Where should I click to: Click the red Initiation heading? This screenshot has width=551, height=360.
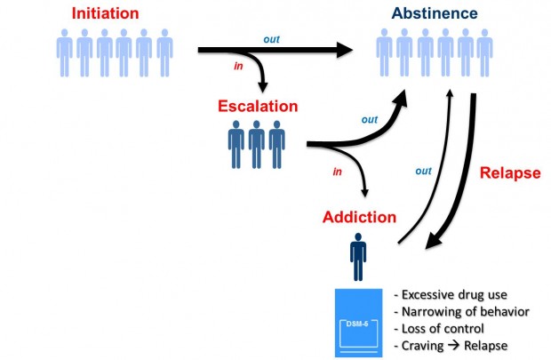[x=105, y=13]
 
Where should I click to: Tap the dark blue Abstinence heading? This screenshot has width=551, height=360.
[x=435, y=13]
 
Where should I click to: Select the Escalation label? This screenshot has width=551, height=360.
[x=258, y=106]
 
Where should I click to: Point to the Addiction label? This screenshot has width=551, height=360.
[x=359, y=217]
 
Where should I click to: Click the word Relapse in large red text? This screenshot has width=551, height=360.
[x=510, y=173]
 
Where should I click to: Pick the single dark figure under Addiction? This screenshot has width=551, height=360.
[x=358, y=257]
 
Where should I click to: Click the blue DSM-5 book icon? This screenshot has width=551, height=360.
[x=358, y=323]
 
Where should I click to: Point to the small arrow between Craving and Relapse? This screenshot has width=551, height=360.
[x=453, y=345]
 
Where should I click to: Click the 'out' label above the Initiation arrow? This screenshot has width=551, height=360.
[x=271, y=39]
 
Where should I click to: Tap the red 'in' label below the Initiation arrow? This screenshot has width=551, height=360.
[x=238, y=66]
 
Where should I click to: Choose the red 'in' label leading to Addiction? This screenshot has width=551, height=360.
[x=337, y=172]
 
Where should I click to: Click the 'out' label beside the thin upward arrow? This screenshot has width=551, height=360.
[x=423, y=171]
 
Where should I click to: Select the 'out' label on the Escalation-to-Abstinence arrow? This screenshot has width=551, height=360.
[x=370, y=119]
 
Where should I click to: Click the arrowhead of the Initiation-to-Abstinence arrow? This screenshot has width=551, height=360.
[x=345, y=50]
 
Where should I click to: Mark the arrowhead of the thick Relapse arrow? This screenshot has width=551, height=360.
[x=435, y=241]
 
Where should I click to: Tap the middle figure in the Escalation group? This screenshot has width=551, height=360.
[x=257, y=145]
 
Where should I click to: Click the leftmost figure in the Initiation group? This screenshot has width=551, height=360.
[x=64, y=52]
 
